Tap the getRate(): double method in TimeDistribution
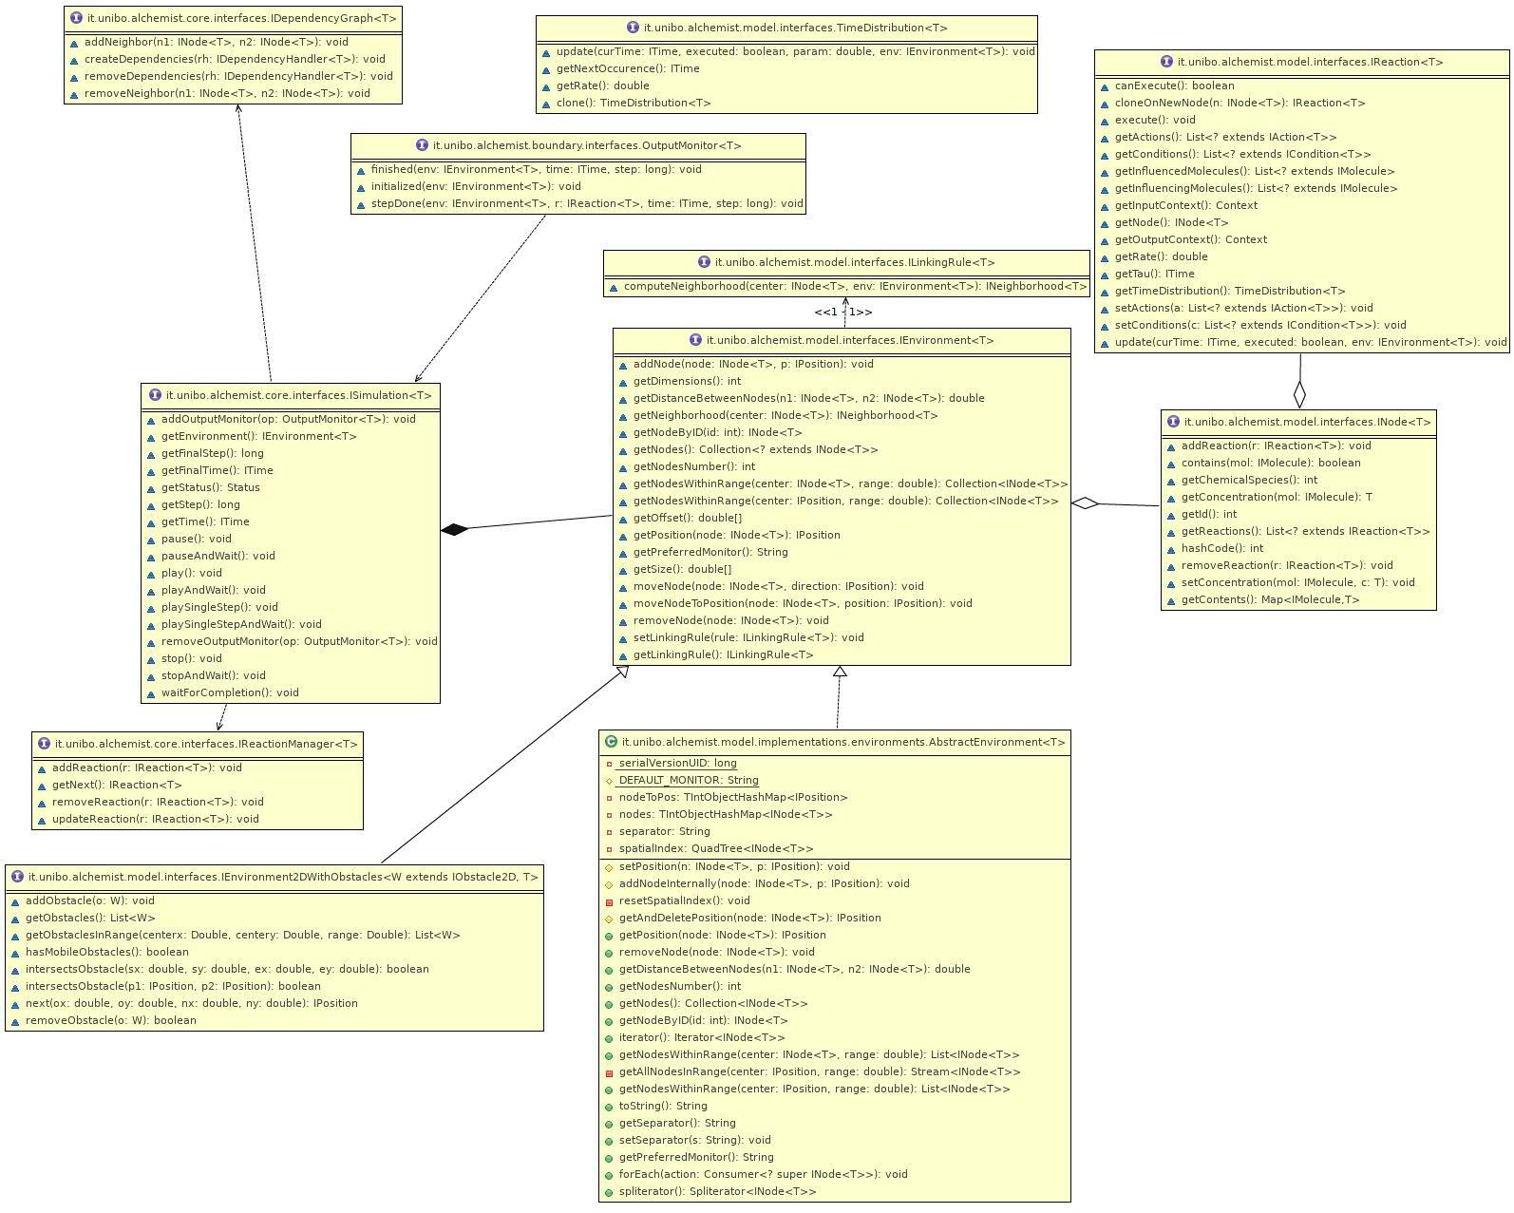(602, 85)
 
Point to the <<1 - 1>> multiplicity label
(842, 313)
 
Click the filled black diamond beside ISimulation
(455, 529)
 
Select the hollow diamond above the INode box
(1299, 394)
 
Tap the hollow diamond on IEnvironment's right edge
(1085, 503)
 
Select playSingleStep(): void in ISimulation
(218, 607)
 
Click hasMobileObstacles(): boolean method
(106, 952)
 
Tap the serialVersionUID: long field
(677, 764)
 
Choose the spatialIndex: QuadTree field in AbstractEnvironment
(715, 848)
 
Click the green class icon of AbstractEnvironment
(611, 742)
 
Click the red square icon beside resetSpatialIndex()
(609, 901)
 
